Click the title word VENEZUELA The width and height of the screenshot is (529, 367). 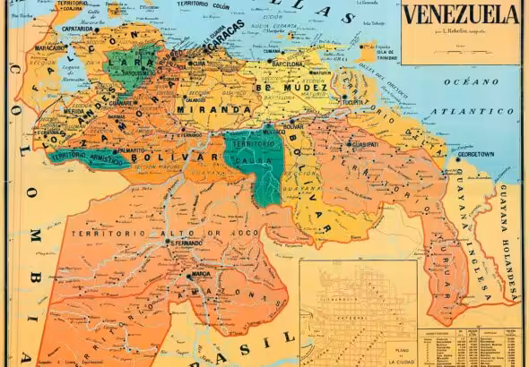(461, 15)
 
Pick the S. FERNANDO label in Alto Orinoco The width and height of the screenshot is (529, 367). (187, 243)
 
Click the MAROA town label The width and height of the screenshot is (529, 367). (199, 275)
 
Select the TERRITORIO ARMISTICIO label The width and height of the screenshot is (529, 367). (87, 158)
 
